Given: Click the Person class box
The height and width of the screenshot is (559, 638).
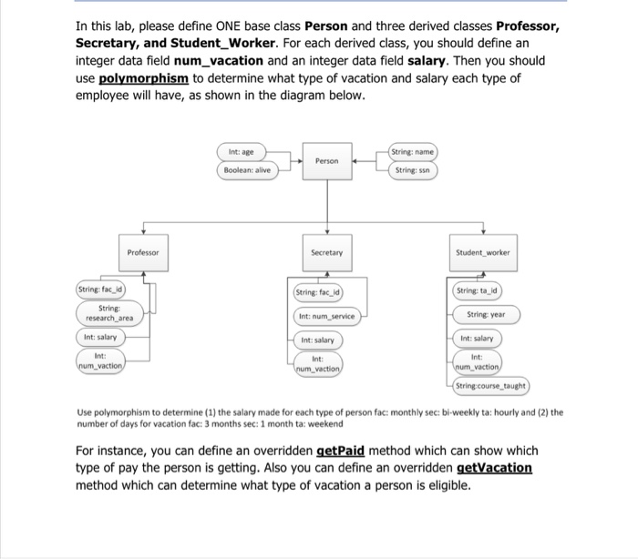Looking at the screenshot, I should tap(326, 160).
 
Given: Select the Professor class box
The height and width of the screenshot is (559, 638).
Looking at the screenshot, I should tap(142, 251).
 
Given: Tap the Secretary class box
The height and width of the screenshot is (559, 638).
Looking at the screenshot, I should tap(326, 251).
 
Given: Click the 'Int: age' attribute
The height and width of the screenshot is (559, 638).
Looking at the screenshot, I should tap(246, 151).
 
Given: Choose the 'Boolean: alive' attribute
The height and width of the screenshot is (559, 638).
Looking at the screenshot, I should tap(246, 169).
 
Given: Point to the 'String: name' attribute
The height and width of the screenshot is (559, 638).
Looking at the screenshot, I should tap(413, 151).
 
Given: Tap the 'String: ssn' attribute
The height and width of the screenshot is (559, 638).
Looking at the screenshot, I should tap(413, 169).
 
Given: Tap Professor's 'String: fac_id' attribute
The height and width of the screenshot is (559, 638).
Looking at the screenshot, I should tap(101, 290).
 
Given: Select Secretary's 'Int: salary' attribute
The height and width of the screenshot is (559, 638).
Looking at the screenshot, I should tap(317, 340).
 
